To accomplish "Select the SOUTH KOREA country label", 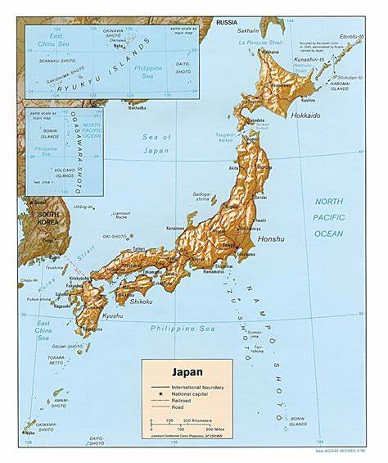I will [x=40, y=219].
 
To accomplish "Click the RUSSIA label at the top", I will [x=227, y=23].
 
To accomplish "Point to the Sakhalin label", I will [x=248, y=30].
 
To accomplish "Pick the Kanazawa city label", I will [x=175, y=227].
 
